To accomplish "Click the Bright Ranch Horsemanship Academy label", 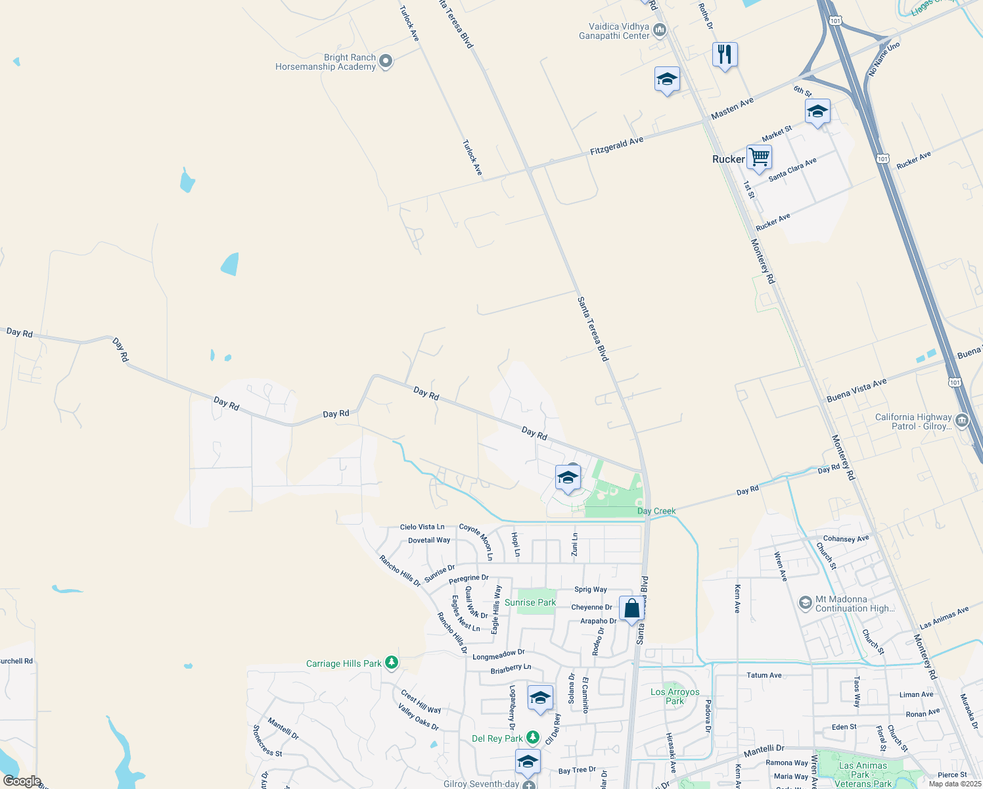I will (325, 62).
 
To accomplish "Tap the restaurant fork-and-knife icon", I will (725, 54).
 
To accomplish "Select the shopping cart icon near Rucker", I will (759, 157).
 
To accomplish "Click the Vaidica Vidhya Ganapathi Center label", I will (614, 32).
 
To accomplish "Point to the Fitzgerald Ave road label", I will (616, 146).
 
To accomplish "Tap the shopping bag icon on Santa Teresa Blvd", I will (631, 609).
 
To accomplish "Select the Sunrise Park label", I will (530, 602).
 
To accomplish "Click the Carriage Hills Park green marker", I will (392, 662).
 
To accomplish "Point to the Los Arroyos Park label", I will (675, 696).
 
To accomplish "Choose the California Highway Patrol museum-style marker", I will (962, 420).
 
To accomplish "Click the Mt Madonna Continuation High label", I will (854, 604).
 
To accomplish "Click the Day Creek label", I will (656, 511).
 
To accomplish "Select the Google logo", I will (22, 781).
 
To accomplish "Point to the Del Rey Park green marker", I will (533, 738).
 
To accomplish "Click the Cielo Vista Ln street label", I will (422, 527).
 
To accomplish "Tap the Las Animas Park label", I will (862, 774).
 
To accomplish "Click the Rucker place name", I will (728, 159).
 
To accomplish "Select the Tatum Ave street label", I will (764, 675).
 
